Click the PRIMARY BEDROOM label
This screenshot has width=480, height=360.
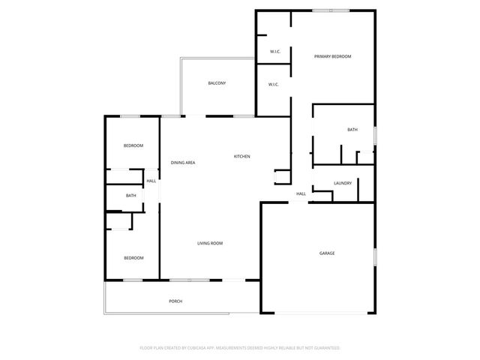click(x=332, y=57)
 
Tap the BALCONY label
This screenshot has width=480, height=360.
click(x=217, y=83)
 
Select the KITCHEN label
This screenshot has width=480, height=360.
click(x=241, y=156)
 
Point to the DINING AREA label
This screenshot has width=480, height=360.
click(x=183, y=163)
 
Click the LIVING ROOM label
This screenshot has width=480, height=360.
click(x=210, y=243)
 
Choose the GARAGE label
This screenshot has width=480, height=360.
click(x=327, y=253)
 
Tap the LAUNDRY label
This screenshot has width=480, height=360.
click(x=343, y=183)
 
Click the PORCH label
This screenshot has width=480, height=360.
click(x=175, y=301)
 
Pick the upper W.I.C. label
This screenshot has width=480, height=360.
click(x=275, y=52)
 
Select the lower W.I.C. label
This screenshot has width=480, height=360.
click(x=274, y=84)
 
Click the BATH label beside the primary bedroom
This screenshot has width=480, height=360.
click(x=352, y=130)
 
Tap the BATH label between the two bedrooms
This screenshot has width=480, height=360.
click(x=131, y=196)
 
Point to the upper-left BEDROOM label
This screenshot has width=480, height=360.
click(x=133, y=145)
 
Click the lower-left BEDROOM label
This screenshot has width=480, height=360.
click(x=133, y=258)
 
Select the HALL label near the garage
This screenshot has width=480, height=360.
click(x=301, y=193)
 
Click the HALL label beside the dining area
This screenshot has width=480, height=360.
click(x=151, y=181)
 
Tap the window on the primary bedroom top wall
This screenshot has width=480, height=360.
click(x=331, y=10)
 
